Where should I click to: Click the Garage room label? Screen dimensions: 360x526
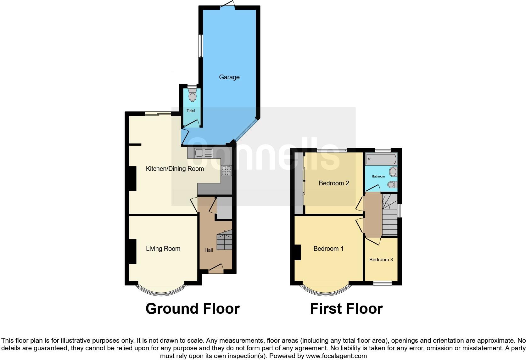229,77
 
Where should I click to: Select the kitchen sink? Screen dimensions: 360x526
204,153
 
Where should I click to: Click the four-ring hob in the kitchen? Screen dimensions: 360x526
226,170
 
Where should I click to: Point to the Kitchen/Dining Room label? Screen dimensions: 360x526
175,169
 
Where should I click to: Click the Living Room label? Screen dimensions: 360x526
163,249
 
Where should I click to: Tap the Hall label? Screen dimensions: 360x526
209,250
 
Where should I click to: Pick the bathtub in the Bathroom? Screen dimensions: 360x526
381,159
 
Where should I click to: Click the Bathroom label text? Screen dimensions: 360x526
378,177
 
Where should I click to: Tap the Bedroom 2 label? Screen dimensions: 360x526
334,183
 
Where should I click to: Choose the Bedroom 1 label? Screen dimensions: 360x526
328,249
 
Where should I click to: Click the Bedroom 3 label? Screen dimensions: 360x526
381,260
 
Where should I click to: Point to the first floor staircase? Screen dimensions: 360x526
389,217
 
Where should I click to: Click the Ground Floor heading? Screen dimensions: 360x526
193,309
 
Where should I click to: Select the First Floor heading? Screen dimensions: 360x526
346,309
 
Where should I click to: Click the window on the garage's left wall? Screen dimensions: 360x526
200,46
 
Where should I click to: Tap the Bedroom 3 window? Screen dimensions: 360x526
382,283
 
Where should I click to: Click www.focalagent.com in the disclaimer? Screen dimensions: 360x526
336,356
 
